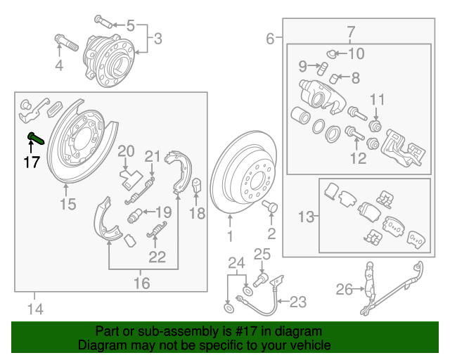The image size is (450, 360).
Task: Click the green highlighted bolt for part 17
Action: pos(34,137)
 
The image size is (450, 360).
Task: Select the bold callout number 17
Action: pos(30,162)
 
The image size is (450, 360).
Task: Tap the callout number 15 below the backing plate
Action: pos(67,205)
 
